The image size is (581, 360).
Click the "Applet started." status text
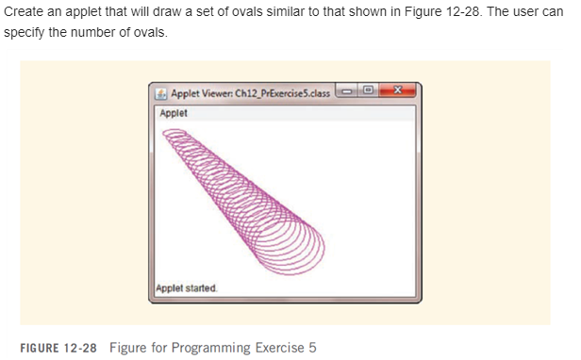[x=187, y=287]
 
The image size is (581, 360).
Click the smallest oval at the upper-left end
[x=174, y=139]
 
